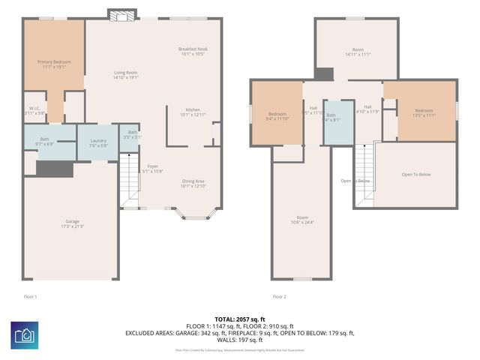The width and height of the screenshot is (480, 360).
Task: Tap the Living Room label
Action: click(125, 74)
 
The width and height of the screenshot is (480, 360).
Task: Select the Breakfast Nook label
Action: click(193, 51)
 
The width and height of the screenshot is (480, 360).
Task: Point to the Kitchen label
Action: click(193, 112)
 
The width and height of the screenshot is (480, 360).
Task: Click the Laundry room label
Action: click(98, 142)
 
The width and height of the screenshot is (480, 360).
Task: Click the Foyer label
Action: click(152, 169)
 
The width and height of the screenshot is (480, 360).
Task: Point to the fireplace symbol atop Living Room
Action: click(121, 14)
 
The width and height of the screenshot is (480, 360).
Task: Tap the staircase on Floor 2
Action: click(364, 172)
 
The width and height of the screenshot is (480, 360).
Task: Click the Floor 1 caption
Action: click(30, 296)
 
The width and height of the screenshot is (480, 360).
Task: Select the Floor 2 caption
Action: click(279, 296)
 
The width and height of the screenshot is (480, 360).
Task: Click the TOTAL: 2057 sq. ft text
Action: click(239, 319)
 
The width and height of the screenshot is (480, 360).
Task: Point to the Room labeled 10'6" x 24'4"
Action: click(301, 220)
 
